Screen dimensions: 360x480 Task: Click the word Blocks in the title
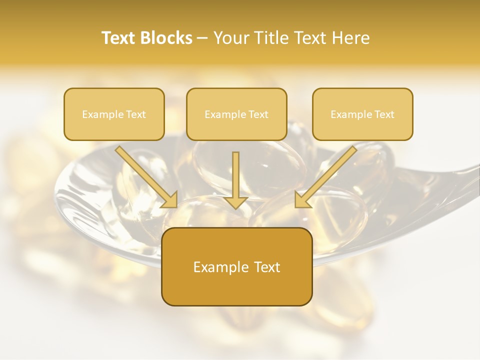click(167, 38)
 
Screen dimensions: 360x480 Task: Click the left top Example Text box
click(114, 114)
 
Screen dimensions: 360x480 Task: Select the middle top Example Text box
click(236, 114)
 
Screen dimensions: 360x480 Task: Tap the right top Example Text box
click(362, 114)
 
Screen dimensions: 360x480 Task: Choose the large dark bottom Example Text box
click(236, 267)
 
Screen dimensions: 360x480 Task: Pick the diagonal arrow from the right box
click(327, 175)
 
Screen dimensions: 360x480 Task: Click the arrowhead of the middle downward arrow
click(236, 202)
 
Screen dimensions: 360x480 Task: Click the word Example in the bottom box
click(220, 267)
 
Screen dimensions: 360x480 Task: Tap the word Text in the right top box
click(384, 114)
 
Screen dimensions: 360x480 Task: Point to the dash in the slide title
click(202, 38)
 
